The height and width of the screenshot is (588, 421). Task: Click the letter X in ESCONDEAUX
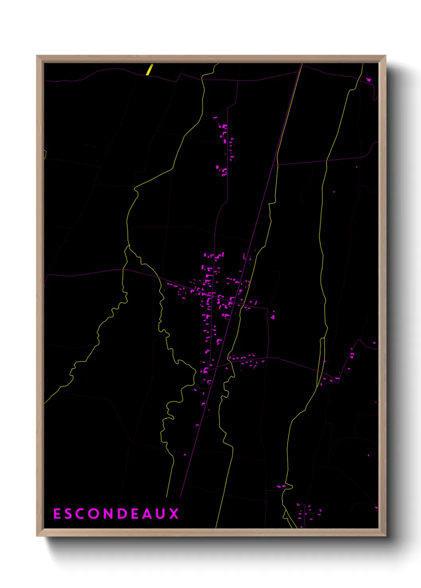[x=174, y=514]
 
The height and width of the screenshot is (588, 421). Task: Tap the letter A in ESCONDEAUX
[x=147, y=514]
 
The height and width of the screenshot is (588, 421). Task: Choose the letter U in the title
[x=161, y=514]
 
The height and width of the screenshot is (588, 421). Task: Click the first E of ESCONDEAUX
[x=57, y=514]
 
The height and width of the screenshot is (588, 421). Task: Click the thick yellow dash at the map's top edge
[x=149, y=70]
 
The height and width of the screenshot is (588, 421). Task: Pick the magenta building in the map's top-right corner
[x=368, y=80]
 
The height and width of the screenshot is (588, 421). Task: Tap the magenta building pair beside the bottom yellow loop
[x=281, y=486]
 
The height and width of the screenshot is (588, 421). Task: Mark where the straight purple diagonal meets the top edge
[x=302, y=64]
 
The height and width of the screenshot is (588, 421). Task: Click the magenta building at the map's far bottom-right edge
[x=376, y=507]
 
